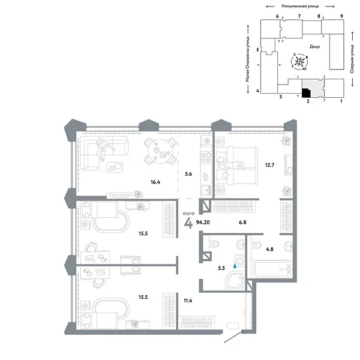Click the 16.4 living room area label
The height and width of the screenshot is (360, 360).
[155, 182]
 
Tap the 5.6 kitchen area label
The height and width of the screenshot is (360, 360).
[188, 174]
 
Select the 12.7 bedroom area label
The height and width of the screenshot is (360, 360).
[270, 165]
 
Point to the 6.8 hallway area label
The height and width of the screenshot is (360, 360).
[242, 222]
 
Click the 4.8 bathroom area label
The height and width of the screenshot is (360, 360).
[270, 249]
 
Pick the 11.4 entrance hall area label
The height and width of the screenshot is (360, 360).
[188, 301]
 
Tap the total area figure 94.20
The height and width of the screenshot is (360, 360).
[203, 222]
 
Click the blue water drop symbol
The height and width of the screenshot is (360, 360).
[235, 266]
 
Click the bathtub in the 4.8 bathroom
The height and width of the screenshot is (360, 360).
[272, 269]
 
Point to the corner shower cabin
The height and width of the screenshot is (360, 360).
[235, 280]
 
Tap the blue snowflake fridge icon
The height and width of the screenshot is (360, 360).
[208, 140]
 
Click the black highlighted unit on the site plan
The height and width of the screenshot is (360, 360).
[306, 93]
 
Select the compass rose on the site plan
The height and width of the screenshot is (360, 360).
[299, 62]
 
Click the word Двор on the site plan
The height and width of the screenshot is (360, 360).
[315, 47]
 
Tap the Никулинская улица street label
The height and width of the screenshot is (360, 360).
[300, 6]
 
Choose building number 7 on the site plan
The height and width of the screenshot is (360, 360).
[299, 16]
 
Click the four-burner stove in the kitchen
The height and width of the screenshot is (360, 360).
[206, 157]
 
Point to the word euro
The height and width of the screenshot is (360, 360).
[189, 213]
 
